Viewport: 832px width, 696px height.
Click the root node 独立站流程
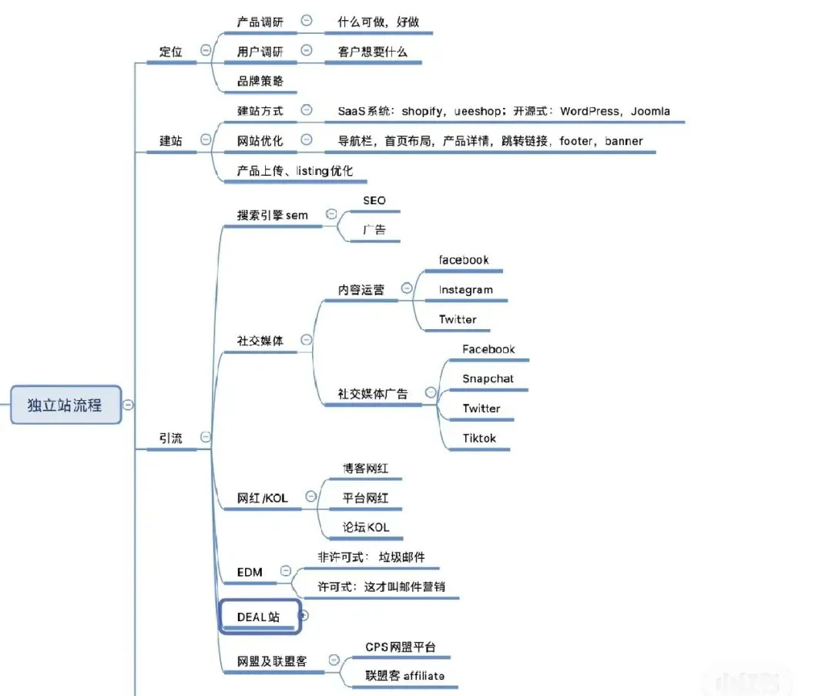tap(65, 405)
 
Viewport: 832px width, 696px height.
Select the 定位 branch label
tap(171, 52)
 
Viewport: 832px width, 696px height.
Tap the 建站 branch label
tap(171, 140)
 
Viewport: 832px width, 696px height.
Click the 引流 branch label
tap(171, 438)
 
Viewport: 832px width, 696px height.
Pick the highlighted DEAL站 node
tap(258, 617)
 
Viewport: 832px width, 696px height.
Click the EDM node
tap(250, 572)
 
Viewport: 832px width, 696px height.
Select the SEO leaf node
tap(374, 200)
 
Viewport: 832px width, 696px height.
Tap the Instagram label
tap(465, 290)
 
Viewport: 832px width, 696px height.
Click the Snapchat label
tap(488, 378)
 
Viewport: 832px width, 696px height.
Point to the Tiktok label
tap(479, 438)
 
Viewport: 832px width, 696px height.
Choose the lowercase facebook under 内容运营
tap(464, 260)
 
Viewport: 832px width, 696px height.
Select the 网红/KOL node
tap(262, 498)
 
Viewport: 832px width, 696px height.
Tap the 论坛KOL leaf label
tap(366, 527)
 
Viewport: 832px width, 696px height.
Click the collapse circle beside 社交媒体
tap(306, 339)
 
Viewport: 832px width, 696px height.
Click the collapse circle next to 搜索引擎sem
tap(331, 214)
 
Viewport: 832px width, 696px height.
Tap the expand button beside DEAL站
tap(304, 615)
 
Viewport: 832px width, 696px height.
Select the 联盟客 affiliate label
tap(404, 675)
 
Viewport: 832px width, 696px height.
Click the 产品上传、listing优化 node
tap(295, 170)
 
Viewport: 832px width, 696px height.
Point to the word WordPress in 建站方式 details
tap(589, 111)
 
